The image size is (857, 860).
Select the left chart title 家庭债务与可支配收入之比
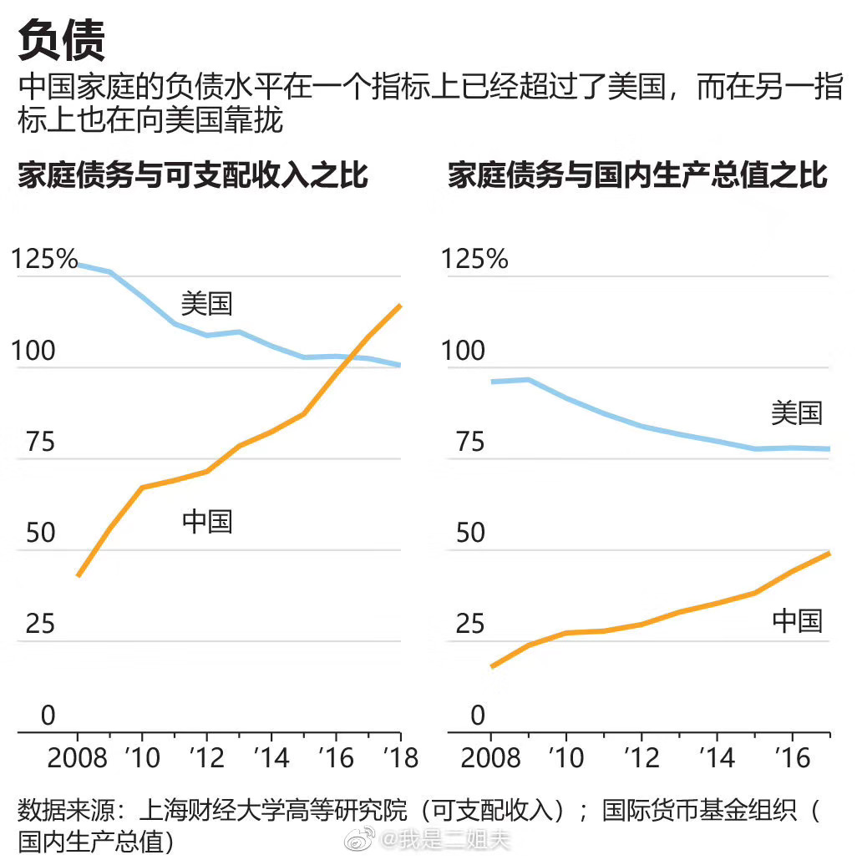click(193, 176)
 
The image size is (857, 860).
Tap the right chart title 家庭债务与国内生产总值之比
click(637, 176)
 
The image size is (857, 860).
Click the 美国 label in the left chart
click(206, 303)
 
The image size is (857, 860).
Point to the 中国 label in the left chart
click(206, 522)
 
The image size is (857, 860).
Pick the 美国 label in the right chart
click(796, 412)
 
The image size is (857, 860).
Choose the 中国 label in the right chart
click(796, 620)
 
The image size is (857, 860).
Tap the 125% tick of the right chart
click(474, 259)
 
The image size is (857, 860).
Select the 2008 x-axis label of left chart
click(77, 758)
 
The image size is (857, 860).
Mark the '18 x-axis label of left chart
click(399, 758)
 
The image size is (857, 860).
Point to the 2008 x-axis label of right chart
click(491, 758)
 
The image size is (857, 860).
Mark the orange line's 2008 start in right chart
click(492, 666)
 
